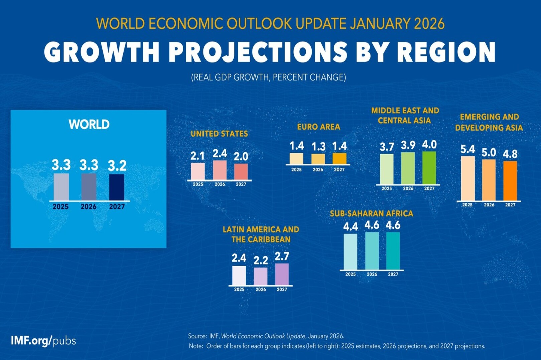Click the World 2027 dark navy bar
point(117,187)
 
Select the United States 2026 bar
point(220,170)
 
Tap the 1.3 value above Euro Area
point(318,147)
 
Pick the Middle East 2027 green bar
point(429,168)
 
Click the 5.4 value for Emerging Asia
point(467,149)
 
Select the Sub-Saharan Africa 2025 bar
point(350,251)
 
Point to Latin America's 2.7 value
point(282,256)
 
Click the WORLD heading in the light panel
point(89,124)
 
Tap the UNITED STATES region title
point(219,134)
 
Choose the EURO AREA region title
point(318,127)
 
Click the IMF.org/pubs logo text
point(43,341)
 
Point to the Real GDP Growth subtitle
point(268,77)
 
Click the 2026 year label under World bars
point(88,207)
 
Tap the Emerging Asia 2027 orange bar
point(510,181)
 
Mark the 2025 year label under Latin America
point(239,289)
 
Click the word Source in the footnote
point(197,336)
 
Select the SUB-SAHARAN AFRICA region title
point(371,213)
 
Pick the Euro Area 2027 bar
point(339,158)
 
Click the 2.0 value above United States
point(241,156)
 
